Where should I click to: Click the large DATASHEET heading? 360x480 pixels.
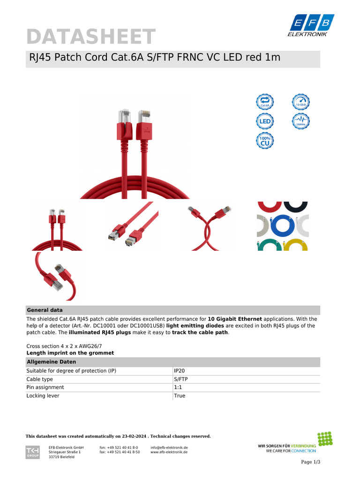(x=90, y=37)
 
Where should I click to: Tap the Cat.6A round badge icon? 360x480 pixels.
(x=265, y=102)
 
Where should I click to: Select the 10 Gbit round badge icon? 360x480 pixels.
(x=301, y=102)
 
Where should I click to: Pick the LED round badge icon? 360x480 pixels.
(x=265, y=122)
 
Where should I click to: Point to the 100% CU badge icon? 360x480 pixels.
(x=265, y=141)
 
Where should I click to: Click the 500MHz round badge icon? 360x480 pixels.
(x=301, y=122)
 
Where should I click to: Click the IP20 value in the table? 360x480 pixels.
(x=179, y=371)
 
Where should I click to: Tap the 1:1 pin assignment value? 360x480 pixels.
(x=178, y=388)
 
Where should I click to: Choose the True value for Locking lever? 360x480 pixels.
(x=180, y=396)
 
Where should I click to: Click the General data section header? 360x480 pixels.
(x=45, y=310)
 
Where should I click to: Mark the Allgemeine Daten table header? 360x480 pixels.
(x=52, y=362)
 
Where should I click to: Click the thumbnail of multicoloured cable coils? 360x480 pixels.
(x=283, y=226)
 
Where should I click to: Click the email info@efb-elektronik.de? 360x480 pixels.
(x=169, y=448)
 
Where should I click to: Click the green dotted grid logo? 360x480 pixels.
(x=325, y=439)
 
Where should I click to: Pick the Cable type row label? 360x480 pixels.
(x=40, y=379)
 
